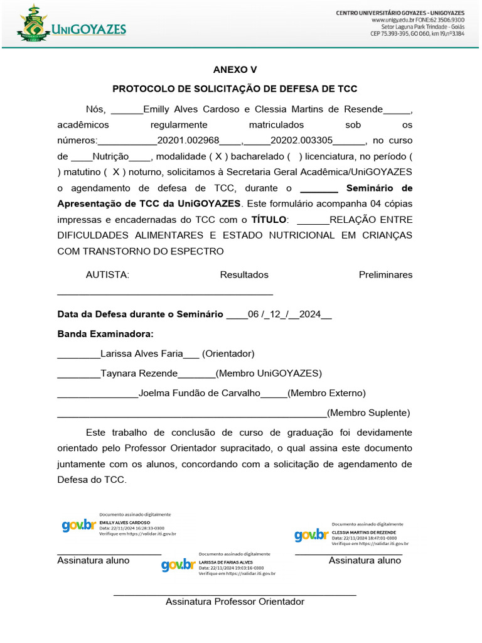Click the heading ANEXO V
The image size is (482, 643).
coord(235,70)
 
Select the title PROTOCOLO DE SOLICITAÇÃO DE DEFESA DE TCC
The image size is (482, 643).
coord(235,89)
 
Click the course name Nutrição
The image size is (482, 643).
coord(111,156)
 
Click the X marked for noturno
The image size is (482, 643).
coord(116,172)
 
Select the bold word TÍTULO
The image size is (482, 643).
coord(269,220)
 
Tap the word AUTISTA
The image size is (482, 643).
coord(107,274)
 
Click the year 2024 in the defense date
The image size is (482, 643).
coord(310,315)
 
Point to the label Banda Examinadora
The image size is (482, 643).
coord(105,334)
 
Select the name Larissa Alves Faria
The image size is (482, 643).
coord(142,354)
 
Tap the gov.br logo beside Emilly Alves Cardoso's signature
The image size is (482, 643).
coord(78,526)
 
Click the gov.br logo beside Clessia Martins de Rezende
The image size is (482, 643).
coord(311,535)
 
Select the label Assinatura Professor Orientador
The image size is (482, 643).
coord(235,602)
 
